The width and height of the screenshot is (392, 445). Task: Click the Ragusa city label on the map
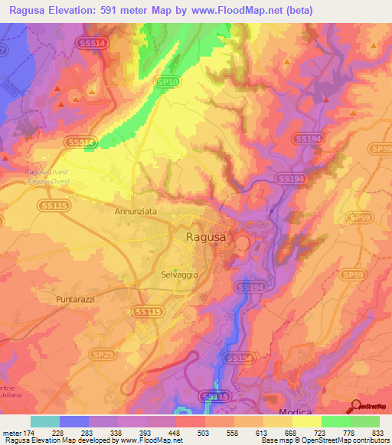tap(206, 238)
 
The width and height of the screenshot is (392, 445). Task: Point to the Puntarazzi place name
tap(75, 300)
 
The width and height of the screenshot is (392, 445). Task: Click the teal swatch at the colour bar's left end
tap(45, 421)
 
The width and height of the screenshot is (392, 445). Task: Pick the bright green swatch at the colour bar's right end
tap(365, 421)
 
